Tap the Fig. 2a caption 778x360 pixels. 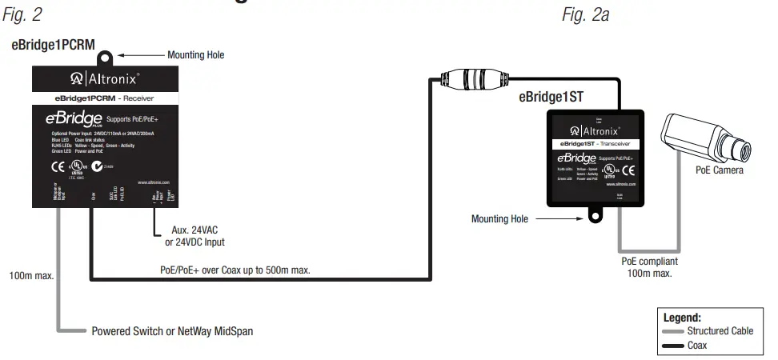click(584, 14)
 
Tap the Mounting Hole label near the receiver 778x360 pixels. click(195, 55)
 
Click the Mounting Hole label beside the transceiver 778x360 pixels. click(499, 218)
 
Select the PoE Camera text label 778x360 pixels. click(719, 170)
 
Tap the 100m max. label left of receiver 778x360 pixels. click(31, 276)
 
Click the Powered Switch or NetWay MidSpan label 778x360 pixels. click(172, 330)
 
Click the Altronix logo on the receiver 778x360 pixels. click(105, 78)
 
